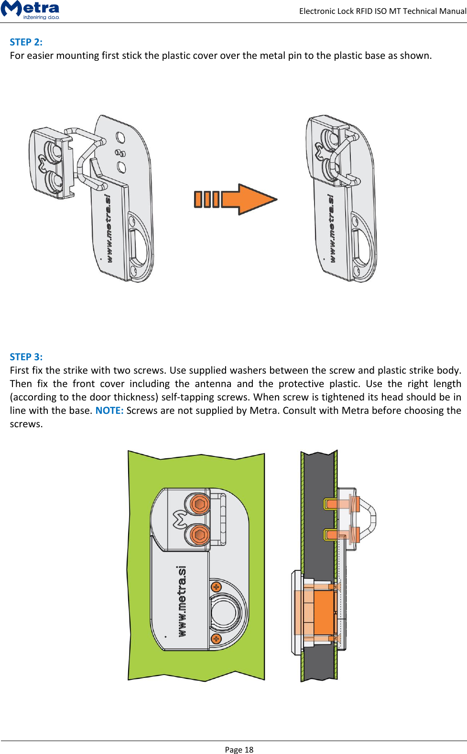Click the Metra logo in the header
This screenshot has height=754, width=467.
pos(31,10)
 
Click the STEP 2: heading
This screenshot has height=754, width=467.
pos(26,42)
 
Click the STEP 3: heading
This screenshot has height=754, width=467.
pos(26,357)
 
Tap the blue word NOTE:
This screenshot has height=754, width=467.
pos(109,410)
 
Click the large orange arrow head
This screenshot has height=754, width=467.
pos(256,199)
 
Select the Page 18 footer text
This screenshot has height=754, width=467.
pos(239,749)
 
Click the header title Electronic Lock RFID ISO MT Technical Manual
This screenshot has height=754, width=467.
pos(382,11)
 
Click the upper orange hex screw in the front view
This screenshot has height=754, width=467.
pos(199,504)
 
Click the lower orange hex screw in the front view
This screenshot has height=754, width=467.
pos(199,534)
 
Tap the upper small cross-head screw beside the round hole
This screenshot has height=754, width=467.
pos(216,587)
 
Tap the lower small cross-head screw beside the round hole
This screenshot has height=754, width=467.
pos(216,639)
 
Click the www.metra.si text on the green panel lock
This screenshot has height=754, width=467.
pos(182,601)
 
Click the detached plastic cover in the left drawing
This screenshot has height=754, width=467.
pos(51,163)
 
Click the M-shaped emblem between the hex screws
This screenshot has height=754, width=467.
pos(180,519)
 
